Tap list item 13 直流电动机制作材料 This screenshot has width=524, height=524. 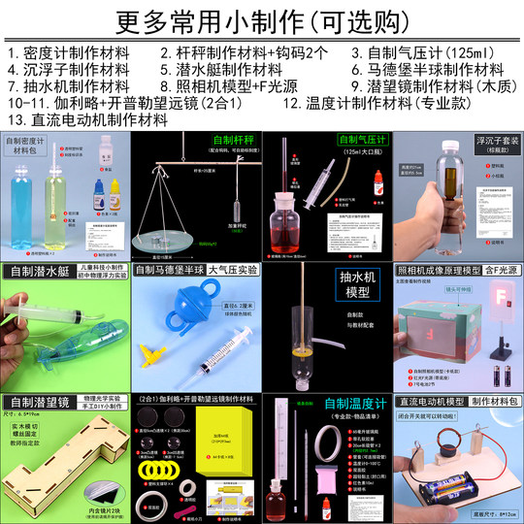[x=87, y=119]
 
